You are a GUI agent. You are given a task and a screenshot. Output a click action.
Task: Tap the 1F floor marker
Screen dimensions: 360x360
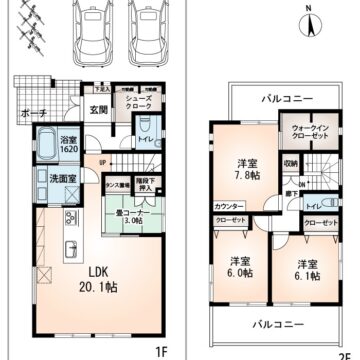tap(161, 351)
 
